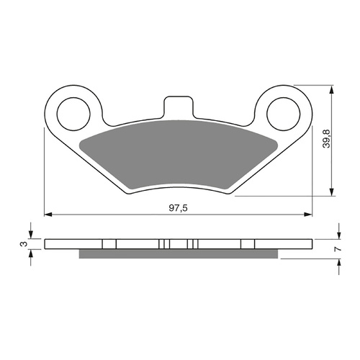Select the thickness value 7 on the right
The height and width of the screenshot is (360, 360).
tap(337, 248)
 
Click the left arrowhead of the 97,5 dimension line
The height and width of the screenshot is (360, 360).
tap(48, 214)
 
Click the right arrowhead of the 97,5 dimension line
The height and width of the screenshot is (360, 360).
tap(309, 214)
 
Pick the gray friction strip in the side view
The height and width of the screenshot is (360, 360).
tap(178, 254)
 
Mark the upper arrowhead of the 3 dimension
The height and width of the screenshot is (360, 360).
tap(31, 235)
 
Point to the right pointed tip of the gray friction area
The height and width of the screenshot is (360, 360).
tap(276, 140)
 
